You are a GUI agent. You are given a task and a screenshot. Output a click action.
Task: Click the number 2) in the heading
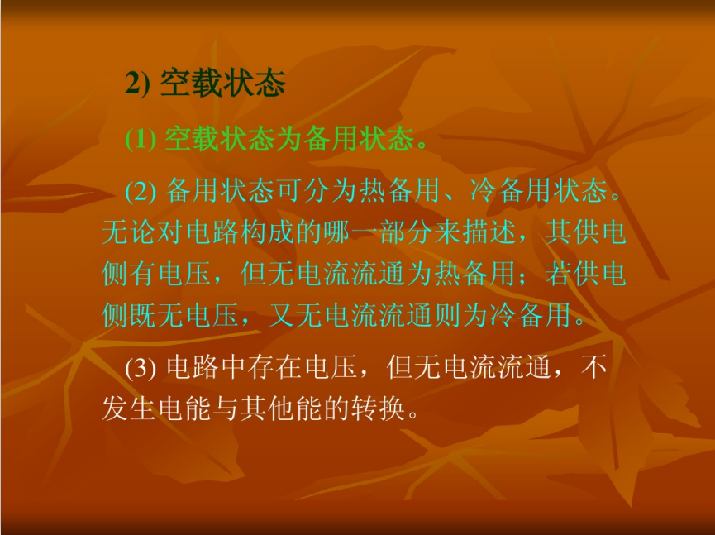click(x=136, y=84)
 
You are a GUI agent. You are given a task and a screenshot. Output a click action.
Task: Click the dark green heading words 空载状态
click(x=223, y=83)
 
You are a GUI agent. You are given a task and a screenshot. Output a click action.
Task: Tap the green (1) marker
click(x=141, y=139)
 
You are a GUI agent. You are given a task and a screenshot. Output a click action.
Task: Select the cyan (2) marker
click(x=141, y=191)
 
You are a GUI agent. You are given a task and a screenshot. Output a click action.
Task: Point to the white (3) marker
click(x=141, y=367)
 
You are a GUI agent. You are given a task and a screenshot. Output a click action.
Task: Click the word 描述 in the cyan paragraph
click(x=489, y=232)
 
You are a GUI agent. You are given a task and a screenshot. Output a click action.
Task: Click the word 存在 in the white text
click(x=275, y=366)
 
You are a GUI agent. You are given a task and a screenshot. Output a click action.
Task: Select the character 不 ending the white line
click(x=594, y=366)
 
